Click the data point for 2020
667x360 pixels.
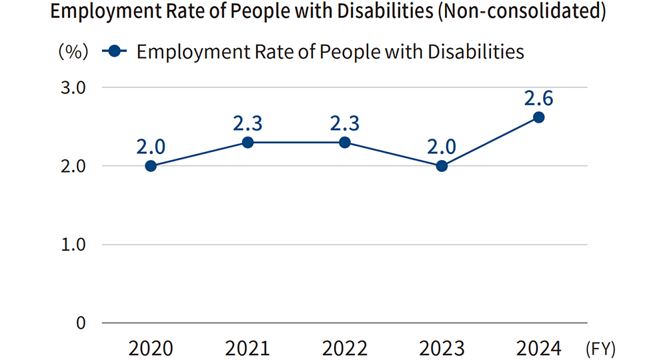pyautogui.click(x=151, y=166)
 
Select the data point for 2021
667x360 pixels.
pyautogui.click(x=247, y=142)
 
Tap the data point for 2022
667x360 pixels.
pyautogui.click(x=345, y=142)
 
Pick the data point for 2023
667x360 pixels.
pyautogui.click(x=442, y=166)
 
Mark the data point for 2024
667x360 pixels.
pyautogui.click(x=539, y=117)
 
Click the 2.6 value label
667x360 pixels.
pyautogui.click(x=539, y=98)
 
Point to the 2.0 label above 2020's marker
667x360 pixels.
pyautogui.click(x=151, y=146)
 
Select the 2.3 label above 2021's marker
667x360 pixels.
pyautogui.click(x=247, y=123)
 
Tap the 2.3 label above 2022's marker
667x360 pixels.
pyautogui.click(x=345, y=123)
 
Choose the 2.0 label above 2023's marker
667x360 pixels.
pyautogui.click(x=442, y=146)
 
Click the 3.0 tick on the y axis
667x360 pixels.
pyautogui.click(x=74, y=87)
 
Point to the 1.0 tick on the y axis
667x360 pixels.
pyautogui.click(x=74, y=245)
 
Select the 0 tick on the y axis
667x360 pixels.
pyautogui.click(x=81, y=323)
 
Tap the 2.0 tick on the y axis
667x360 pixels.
pyautogui.click(x=74, y=166)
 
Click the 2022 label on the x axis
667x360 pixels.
pyautogui.click(x=345, y=348)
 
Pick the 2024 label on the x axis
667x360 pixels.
pyautogui.click(x=539, y=348)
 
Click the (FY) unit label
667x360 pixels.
pyautogui.click(x=600, y=348)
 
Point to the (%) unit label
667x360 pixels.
pyautogui.click(x=73, y=52)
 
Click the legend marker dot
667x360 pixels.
pyautogui.click(x=115, y=51)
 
